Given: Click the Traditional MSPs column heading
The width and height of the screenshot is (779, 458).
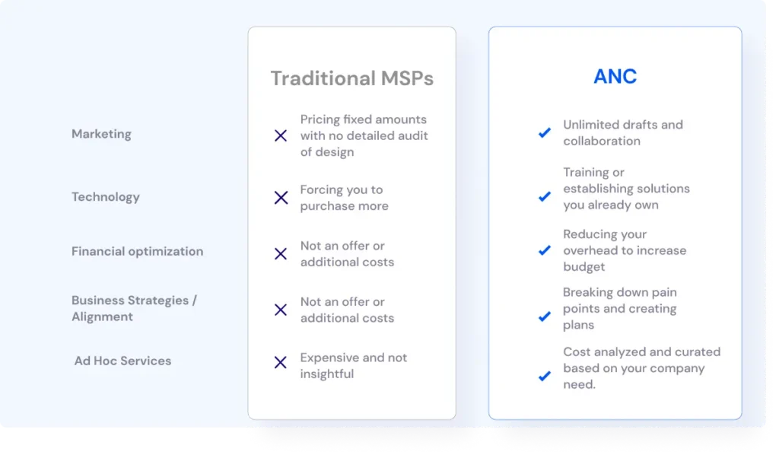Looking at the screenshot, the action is coord(351,78).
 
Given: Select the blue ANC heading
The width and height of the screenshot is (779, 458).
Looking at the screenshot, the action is coord(615,77).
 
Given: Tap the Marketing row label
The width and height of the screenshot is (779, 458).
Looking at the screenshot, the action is coord(101,134).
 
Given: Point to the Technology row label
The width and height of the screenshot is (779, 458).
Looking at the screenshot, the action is coord(105,197).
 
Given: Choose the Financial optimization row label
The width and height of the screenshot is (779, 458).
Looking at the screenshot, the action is coord(137,251).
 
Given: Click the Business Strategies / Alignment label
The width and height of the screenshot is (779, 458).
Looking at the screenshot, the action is coord(134,308).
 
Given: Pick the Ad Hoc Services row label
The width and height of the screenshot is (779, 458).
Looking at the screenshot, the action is coord(122,361).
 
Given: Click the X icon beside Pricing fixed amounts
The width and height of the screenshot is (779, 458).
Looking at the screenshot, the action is coord(281,135).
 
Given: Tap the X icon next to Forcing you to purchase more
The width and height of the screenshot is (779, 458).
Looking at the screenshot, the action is coord(281,198).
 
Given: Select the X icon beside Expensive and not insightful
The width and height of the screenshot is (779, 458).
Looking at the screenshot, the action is coord(281,362).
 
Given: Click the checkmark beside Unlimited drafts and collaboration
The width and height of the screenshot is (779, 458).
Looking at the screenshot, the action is coord(545,132).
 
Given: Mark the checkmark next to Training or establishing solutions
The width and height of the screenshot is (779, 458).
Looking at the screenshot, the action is coord(545,196).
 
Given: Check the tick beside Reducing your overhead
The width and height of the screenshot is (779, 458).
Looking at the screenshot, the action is coord(545,250).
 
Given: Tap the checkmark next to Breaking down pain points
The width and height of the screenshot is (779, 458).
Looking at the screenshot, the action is coord(545,316).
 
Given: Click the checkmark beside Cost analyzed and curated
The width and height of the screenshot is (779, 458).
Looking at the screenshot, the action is coord(545,376).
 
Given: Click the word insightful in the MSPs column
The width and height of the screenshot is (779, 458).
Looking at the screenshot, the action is coord(327,374).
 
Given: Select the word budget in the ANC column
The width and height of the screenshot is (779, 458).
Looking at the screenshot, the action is coord(583,267).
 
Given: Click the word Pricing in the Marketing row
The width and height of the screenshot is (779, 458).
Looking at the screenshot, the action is coord(320,119).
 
